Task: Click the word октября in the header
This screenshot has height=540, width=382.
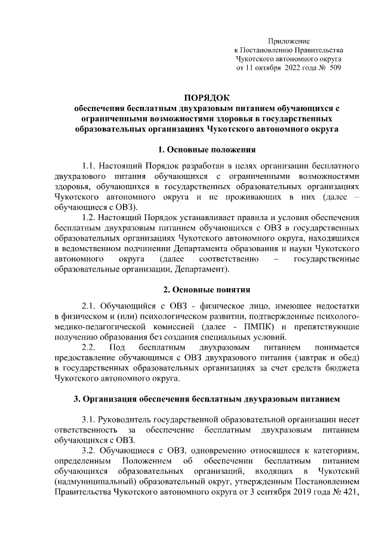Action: [x=260, y=68]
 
